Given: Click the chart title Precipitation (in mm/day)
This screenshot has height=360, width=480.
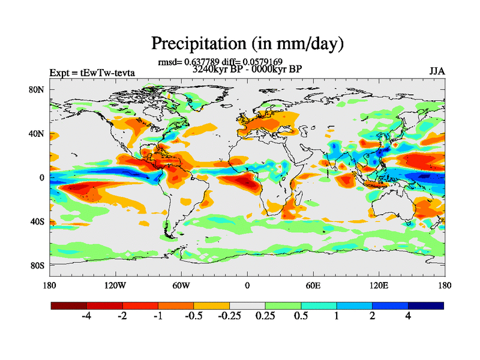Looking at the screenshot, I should tap(247, 43).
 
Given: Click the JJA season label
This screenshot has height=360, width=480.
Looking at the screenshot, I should tap(436, 72).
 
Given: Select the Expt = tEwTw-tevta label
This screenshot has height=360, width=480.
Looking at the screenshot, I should tap(92, 73).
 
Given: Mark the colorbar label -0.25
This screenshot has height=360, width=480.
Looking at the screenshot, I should tap(229, 316).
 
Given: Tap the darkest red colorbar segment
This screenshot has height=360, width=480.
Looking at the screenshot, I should tap(69, 305).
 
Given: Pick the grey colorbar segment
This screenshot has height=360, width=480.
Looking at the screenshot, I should tap(247, 305).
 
